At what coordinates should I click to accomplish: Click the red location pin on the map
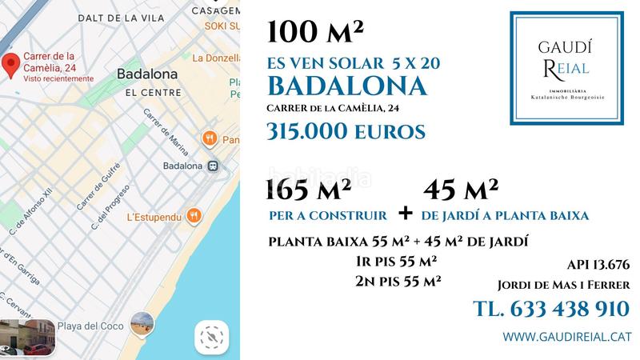10,66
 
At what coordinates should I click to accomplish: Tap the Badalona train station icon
214,166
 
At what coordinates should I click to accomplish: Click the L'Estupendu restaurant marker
194,216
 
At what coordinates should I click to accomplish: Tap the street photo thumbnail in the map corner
27,337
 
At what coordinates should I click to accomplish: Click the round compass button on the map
210,337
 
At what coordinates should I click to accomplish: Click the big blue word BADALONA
346,86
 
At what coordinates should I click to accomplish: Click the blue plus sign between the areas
406,213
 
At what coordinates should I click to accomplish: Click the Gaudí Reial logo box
566,68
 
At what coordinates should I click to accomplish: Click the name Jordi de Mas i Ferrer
563,285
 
